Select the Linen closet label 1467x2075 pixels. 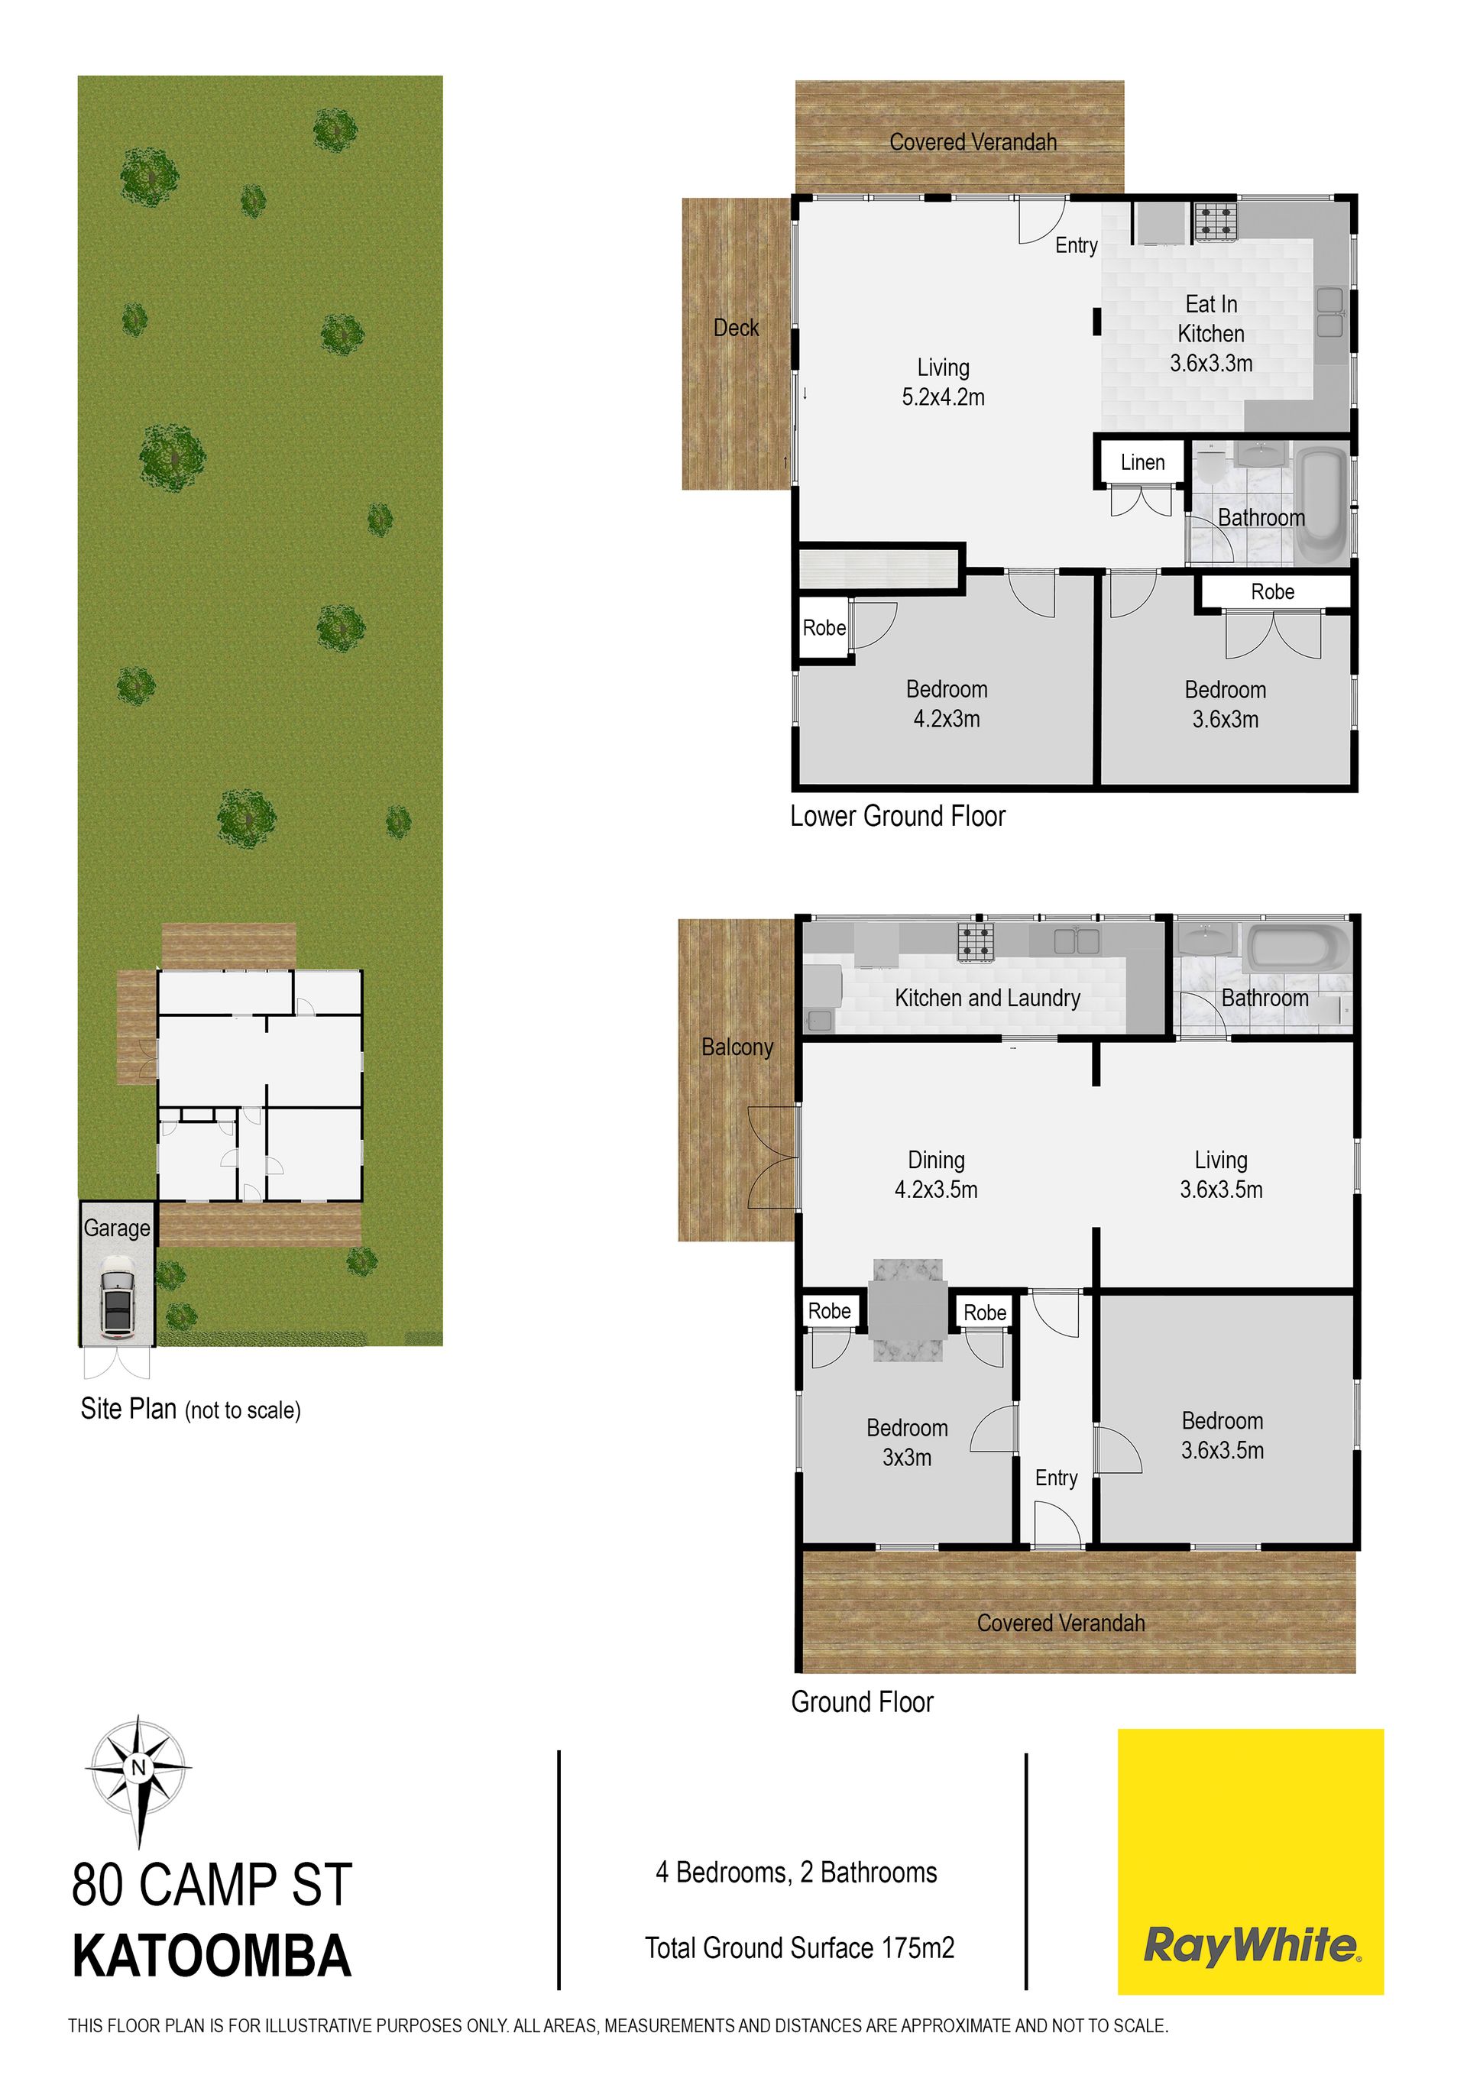click(1142, 463)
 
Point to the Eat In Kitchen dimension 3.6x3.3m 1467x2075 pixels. click(1211, 364)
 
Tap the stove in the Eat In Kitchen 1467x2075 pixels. click(1216, 222)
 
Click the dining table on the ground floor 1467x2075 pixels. click(908, 1309)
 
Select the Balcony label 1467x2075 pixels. click(737, 1047)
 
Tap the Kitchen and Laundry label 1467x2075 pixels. click(987, 998)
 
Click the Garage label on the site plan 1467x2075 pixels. click(117, 1228)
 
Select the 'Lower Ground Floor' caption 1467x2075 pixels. click(898, 816)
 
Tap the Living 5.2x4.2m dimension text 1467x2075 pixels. click(944, 397)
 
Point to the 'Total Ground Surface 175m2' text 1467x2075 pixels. click(800, 1947)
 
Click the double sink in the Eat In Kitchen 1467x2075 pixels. click(1329, 312)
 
